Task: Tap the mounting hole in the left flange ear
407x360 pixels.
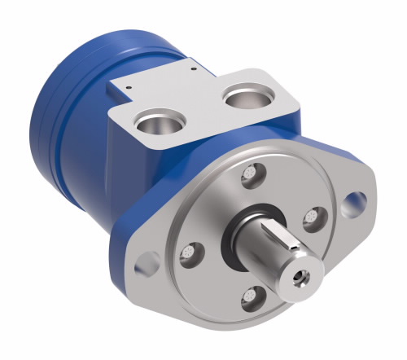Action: tap(148, 262)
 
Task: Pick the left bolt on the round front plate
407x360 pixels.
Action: tap(189, 252)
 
